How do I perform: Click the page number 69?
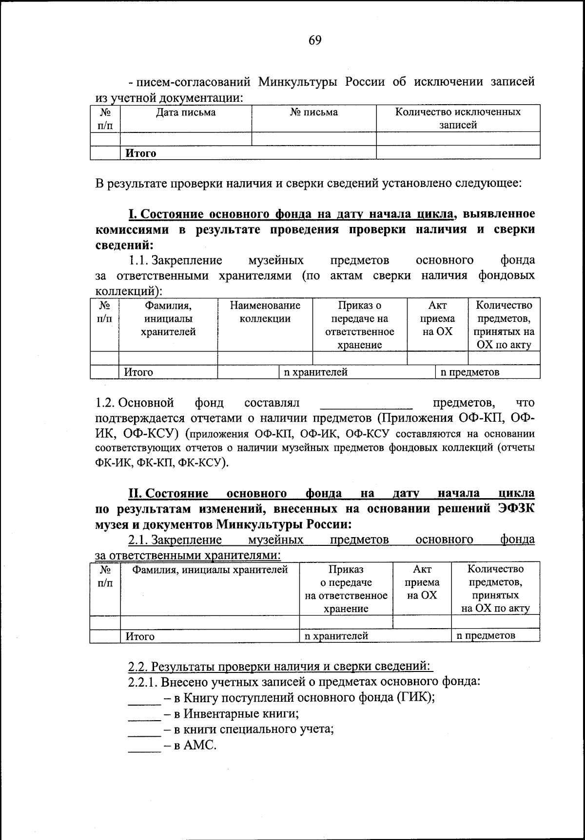click(x=315, y=40)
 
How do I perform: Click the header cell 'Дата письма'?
click(x=186, y=112)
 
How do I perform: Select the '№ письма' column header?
click(x=313, y=112)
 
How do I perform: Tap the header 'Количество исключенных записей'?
click(x=458, y=118)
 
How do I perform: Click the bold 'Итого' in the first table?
click(x=141, y=153)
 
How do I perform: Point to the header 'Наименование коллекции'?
click(x=265, y=312)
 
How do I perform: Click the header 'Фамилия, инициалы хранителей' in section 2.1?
click(x=210, y=569)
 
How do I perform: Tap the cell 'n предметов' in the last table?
click(x=486, y=635)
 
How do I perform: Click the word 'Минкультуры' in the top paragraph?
click(x=298, y=81)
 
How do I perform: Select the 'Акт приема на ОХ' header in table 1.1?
click(x=437, y=318)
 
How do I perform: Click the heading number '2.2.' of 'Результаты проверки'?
click(x=138, y=666)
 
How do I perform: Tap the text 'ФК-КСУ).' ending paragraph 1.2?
click(x=204, y=462)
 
